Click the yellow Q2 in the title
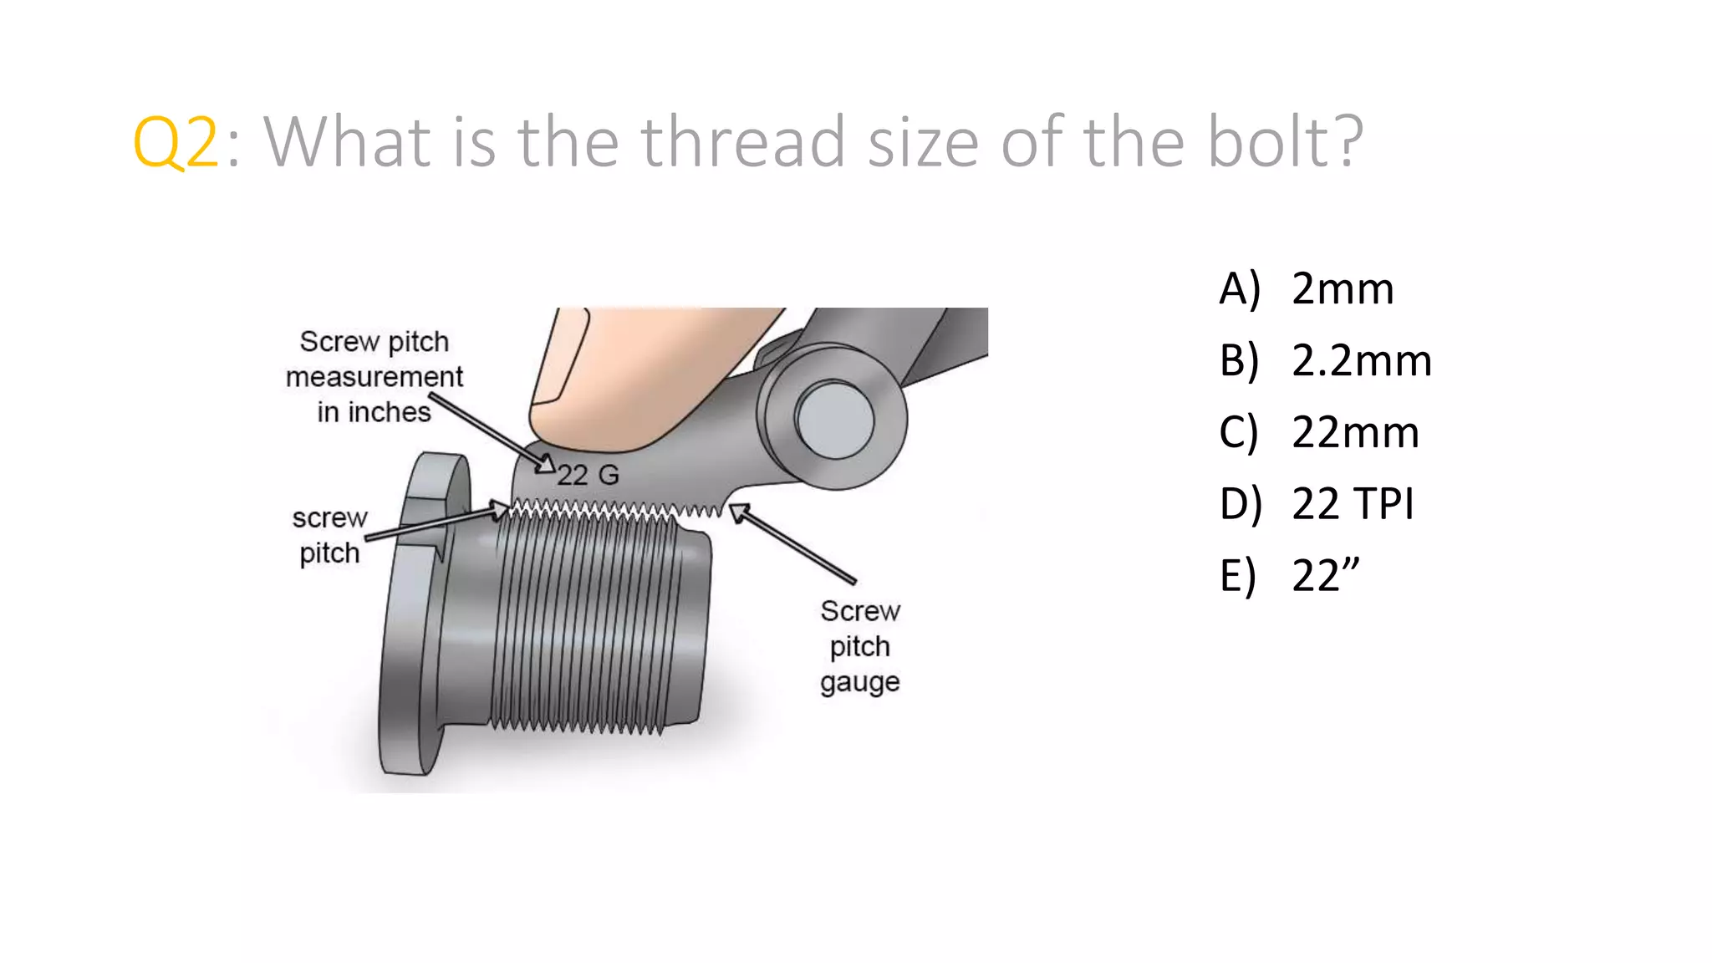pos(176,143)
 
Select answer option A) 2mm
pos(1307,289)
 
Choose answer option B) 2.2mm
pos(1325,361)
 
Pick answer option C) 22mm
pos(1319,433)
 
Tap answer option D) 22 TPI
pos(1317,504)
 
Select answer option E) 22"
pos(1290,576)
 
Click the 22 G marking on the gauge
pos(588,475)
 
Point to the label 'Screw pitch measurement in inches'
pos(374,377)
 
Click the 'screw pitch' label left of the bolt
pos(329,536)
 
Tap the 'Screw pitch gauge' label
pos(860,646)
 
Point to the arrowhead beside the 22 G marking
pos(545,464)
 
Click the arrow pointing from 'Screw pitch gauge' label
pos(794,543)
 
